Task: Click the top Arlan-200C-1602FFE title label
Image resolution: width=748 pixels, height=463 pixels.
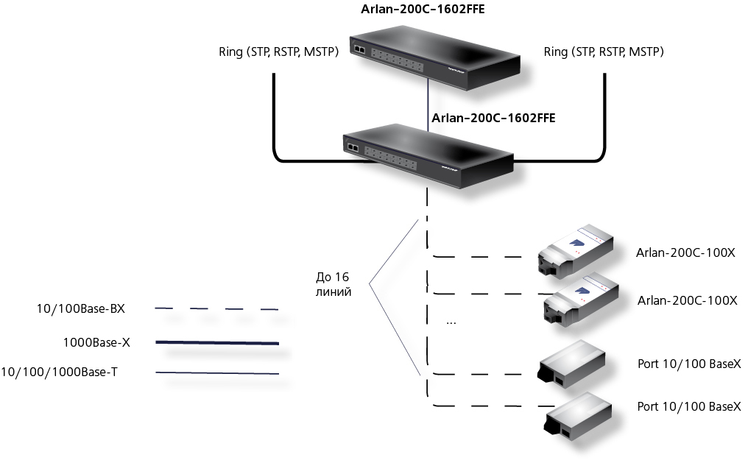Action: [x=423, y=9]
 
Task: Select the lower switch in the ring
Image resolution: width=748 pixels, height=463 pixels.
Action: [x=428, y=156]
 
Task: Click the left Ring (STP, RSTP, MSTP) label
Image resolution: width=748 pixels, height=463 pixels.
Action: [x=278, y=52]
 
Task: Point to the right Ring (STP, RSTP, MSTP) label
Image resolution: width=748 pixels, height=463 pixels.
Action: [x=604, y=52]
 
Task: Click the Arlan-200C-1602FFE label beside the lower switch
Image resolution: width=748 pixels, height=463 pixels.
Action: [x=493, y=118]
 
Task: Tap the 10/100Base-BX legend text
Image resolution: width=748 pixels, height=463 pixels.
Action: [x=81, y=309]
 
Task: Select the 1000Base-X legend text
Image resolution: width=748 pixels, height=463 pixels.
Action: [x=96, y=342]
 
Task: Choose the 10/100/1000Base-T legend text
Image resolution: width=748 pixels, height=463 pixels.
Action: [x=59, y=372]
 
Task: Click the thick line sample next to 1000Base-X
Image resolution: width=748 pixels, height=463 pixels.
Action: [x=217, y=342]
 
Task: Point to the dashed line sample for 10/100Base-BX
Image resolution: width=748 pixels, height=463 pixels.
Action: [x=216, y=309]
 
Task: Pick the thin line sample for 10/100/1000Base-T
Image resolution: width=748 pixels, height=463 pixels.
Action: [x=217, y=372]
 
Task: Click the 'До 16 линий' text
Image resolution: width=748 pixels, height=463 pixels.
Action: [x=333, y=284]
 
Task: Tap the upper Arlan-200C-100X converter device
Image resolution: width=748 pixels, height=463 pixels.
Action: [x=575, y=251]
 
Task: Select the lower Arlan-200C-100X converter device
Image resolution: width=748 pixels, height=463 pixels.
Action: [x=582, y=300]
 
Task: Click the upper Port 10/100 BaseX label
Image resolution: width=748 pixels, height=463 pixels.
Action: [x=689, y=364]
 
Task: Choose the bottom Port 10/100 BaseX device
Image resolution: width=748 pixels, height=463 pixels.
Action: [x=579, y=417]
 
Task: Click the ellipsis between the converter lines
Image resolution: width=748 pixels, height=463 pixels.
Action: [x=451, y=324]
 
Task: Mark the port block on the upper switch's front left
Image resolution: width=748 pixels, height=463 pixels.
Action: [x=359, y=49]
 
